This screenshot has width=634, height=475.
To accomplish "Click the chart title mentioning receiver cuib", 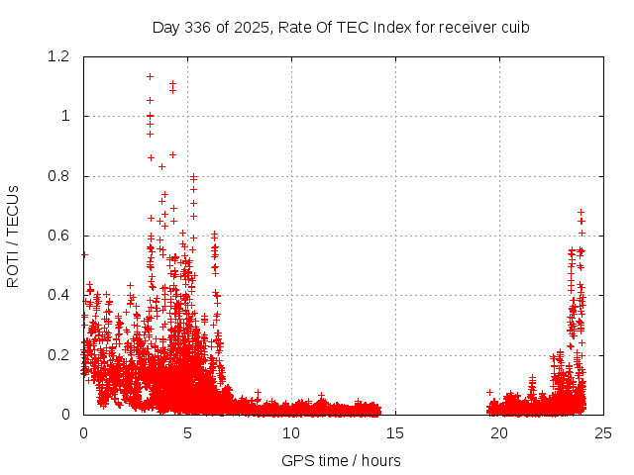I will (x=341, y=27).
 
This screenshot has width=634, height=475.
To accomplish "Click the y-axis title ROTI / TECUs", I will (x=13, y=236).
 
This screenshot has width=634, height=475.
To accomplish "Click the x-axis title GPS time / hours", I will (x=341, y=460).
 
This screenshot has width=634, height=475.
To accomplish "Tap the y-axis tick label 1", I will (x=66, y=116).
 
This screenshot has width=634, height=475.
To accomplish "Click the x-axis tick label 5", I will (x=187, y=433).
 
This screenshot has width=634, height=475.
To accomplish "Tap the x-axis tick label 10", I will (x=291, y=433).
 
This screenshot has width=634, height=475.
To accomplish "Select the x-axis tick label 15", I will (x=395, y=433).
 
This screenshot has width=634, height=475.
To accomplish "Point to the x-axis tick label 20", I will (x=499, y=433).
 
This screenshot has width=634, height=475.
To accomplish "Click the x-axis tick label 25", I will (x=603, y=433).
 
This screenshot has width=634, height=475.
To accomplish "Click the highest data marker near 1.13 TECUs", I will (x=150, y=76).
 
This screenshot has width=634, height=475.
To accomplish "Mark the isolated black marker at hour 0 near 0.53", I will (x=84, y=254).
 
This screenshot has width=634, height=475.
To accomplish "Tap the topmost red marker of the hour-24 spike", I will (x=581, y=212).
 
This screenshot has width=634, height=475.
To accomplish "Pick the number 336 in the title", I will (x=197, y=27).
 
